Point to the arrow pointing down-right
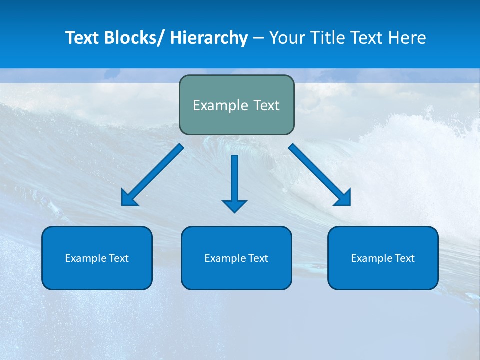coord(320,175)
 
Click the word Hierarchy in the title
coord(209,38)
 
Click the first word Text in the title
coord(82,38)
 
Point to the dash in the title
coord(258,38)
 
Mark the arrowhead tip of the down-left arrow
coord(122,205)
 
